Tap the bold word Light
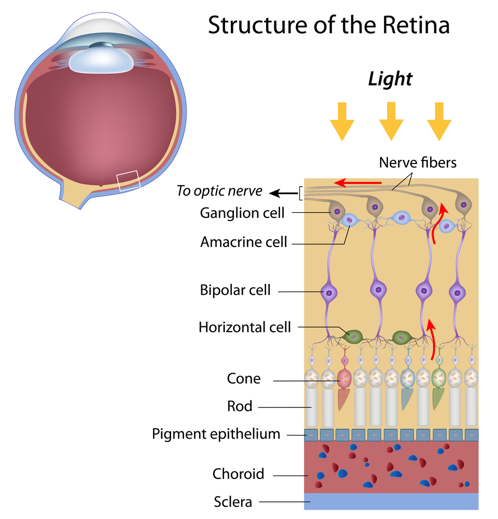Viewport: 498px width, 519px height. [x=390, y=79]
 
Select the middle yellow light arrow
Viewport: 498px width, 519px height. [x=391, y=121]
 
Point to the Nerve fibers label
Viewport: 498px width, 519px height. [x=418, y=162]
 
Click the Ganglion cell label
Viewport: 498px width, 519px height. [x=242, y=213]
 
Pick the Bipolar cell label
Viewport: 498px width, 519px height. [x=236, y=290]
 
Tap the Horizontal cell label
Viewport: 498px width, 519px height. [x=245, y=327]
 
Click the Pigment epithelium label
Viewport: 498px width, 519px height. [x=216, y=433]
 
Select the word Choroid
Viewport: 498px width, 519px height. [x=239, y=473]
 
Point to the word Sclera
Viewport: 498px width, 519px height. [x=233, y=502]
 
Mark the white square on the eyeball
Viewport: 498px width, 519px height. [x=128, y=181]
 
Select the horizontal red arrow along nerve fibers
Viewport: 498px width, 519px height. [x=358, y=183]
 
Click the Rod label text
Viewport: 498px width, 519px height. [x=240, y=406]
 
